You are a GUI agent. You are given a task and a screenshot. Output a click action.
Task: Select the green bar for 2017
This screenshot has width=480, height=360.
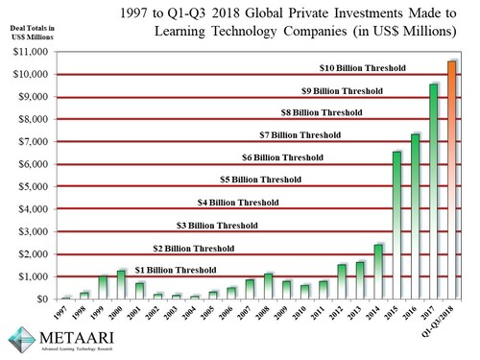point(433,192)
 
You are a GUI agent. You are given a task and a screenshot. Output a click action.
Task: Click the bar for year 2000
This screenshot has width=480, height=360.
point(121,285)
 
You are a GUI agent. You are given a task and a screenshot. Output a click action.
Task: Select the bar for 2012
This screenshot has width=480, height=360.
point(342,281)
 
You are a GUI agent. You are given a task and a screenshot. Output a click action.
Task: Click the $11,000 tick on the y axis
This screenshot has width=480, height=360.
point(33,52)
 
